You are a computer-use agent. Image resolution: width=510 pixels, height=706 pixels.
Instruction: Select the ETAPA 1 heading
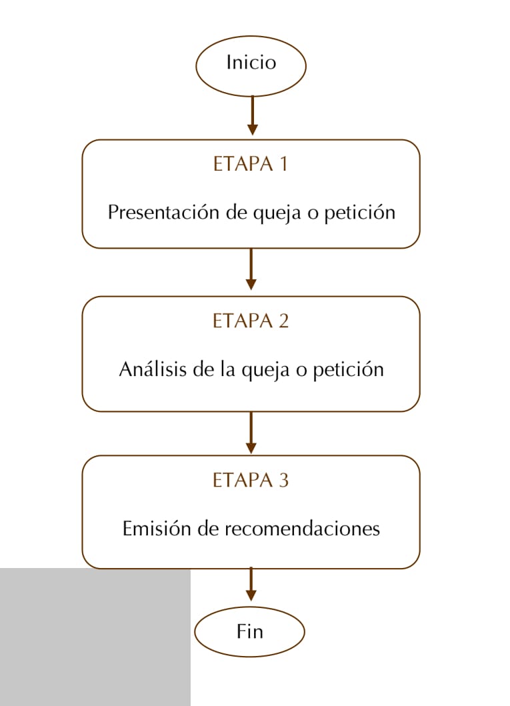[x=250, y=163]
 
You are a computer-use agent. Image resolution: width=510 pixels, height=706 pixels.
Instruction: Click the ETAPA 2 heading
[x=250, y=321]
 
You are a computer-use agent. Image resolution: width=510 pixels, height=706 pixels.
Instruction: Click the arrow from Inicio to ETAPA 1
[x=253, y=115]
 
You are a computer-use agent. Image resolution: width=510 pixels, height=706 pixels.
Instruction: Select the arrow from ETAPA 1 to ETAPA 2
[x=251, y=269]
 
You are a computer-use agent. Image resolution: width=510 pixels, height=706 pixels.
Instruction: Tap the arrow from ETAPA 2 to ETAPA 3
[x=251, y=433]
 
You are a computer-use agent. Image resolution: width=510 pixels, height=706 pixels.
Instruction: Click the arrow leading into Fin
[x=251, y=585]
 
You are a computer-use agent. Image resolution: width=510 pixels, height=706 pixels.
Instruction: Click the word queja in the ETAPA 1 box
[x=277, y=213]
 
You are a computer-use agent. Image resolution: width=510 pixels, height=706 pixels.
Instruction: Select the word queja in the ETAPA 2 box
[x=265, y=371]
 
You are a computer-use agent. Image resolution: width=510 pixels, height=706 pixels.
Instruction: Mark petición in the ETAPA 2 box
[x=349, y=370]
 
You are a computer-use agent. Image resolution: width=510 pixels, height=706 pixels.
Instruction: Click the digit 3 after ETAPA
[x=283, y=480]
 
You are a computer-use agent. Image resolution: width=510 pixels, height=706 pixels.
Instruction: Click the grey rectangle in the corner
[x=95, y=637]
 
